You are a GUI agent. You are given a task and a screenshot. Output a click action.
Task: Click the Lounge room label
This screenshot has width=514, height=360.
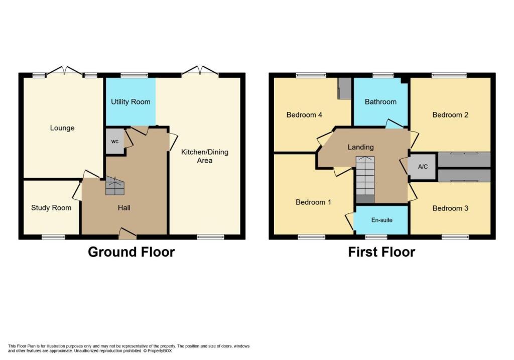tap(62, 128)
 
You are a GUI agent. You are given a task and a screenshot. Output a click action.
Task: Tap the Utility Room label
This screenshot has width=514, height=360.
tap(131, 101)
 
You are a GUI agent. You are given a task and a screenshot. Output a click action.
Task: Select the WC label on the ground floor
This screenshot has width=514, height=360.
tap(115, 142)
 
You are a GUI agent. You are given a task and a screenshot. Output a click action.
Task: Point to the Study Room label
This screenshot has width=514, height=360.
tap(51, 208)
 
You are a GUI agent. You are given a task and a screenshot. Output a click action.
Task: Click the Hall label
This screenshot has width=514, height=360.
tap(124, 207)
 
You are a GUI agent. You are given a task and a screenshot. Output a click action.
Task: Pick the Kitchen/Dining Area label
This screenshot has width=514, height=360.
tap(205, 156)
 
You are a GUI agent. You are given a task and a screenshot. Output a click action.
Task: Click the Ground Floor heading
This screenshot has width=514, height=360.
tap(131, 252)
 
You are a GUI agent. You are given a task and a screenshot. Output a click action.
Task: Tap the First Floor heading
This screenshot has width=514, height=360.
tap(381, 252)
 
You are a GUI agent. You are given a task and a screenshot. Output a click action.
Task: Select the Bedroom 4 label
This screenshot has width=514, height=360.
tap(304, 115)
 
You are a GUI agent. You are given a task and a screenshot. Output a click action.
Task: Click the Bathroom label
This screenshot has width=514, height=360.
tap(380, 101)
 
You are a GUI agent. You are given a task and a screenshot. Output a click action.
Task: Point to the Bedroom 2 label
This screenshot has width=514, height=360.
tap(450, 115)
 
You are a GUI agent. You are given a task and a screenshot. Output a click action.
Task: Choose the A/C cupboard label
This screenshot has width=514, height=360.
tap(423, 167)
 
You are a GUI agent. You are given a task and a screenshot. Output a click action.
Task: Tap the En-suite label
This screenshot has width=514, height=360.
tap(382, 220)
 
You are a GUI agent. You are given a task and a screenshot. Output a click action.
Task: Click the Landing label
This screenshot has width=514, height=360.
tap(360, 147)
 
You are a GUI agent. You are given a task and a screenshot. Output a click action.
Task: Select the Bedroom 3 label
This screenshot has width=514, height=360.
tap(450, 208)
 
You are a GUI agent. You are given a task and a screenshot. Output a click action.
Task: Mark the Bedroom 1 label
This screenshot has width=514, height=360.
tap(313, 202)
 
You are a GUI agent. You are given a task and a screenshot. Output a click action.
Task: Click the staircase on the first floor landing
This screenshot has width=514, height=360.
tap(365, 180)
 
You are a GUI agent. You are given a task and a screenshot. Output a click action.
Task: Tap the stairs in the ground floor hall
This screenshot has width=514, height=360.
tap(115, 186)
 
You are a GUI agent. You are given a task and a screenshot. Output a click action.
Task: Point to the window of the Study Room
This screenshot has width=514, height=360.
tap(53, 236)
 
